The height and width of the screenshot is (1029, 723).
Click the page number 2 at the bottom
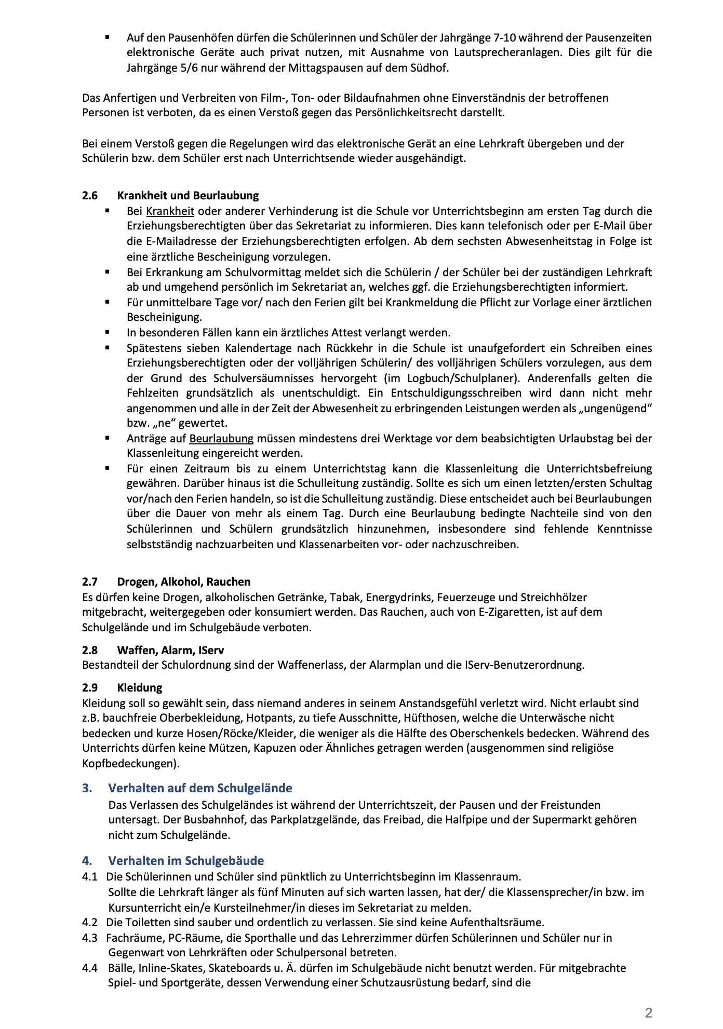pos(648,1012)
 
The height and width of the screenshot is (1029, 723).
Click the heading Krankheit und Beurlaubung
pos(188,196)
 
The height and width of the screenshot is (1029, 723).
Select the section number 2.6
pos(90,196)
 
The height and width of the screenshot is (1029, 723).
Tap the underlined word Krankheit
pos(170,211)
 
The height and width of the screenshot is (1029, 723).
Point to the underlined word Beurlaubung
pos(221,438)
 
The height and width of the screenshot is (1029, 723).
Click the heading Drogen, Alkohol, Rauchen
pos(183,582)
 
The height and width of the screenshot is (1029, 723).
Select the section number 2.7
pos(90,582)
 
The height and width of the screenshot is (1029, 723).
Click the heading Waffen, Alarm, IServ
pos(170,650)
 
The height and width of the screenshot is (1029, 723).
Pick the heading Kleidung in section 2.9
pos(139,688)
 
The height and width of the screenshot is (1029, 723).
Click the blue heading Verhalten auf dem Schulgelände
pos(200,788)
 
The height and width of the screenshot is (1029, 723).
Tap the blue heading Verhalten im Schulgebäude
pos(186,861)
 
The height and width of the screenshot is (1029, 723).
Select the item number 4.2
pos(90,923)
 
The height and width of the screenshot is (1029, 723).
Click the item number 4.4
pos(90,968)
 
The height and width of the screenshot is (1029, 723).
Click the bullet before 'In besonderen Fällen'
pos(108,332)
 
